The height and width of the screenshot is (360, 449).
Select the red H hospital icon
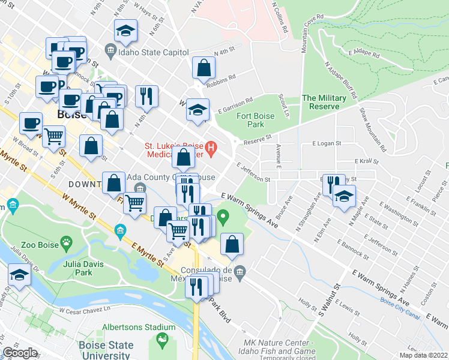coord(211,146)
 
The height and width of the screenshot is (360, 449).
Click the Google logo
coord(20,353)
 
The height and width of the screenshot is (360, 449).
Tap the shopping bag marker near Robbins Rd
coord(203,68)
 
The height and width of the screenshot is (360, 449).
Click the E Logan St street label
coord(327,144)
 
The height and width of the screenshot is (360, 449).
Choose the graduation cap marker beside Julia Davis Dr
coord(19,275)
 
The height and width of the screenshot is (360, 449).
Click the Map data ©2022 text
coord(424,355)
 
